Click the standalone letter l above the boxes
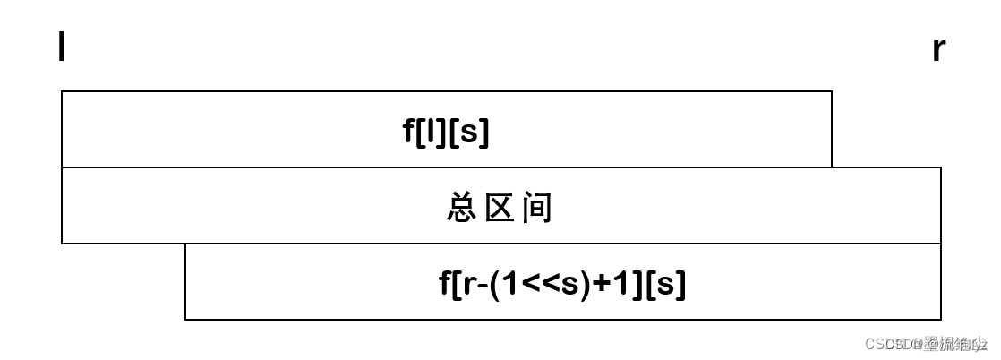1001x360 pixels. [62, 47]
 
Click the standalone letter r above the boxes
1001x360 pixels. [938, 49]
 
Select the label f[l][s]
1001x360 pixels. [446, 133]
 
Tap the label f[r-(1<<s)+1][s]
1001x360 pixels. [562, 284]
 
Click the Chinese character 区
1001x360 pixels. [499, 208]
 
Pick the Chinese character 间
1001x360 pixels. [538, 208]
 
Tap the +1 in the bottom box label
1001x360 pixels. [611, 285]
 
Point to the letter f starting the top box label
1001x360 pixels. [409, 133]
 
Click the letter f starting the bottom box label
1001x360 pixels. [445, 284]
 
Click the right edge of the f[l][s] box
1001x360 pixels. [832, 129]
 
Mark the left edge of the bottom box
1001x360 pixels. [185, 281]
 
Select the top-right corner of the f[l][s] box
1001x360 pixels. [832, 91]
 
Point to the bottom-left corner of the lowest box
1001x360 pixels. [185, 319]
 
